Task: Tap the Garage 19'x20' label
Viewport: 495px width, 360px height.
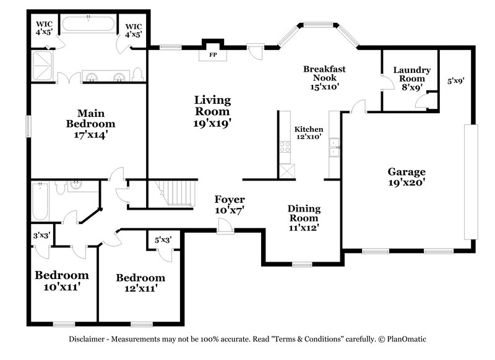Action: tap(407, 177)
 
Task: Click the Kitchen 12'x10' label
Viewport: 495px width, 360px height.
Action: tap(308, 133)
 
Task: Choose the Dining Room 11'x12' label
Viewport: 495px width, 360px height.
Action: tap(303, 218)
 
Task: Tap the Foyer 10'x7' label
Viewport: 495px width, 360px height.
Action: tap(230, 204)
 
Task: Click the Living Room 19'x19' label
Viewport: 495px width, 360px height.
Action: tap(212, 111)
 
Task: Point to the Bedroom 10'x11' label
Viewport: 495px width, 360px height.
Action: tap(61, 281)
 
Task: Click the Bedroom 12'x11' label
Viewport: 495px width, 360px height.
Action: tap(140, 283)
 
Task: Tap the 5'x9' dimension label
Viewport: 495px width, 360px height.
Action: tap(455, 80)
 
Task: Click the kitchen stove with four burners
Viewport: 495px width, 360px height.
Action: tap(285, 147)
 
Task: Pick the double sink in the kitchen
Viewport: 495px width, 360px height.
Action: tap(334, 148)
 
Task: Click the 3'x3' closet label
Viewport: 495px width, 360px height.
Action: tap(41, 235)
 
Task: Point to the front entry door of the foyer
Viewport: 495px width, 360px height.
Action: tap(225, 231)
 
